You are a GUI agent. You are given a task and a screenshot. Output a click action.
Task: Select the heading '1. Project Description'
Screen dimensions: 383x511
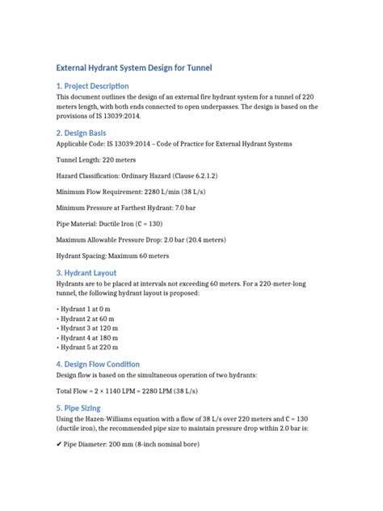92,86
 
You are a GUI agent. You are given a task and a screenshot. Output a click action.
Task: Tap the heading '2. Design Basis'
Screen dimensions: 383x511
82,133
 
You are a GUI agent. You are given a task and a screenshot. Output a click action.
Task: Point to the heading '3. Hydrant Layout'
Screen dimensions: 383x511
86,273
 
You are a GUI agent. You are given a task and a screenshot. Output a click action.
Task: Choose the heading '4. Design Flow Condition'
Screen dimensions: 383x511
98,365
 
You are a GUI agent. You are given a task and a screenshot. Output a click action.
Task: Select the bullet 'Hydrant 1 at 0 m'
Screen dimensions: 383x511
83,310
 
